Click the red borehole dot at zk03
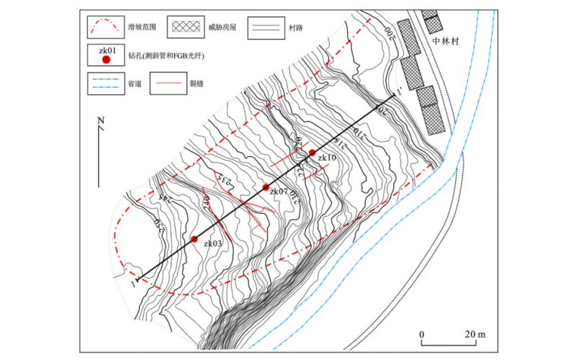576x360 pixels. [x=194, y=238]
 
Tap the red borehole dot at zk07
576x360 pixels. [x=266, y=187]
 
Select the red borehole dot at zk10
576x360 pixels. [x=312, y=153]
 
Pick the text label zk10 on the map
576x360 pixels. [x=325, y=157]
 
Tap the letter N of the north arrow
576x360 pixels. [x=102, y=120]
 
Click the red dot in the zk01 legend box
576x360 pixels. [x=106, y=60]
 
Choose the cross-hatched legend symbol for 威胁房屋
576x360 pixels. [x=186, y=27]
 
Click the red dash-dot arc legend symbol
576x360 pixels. [x=106, y=27]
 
